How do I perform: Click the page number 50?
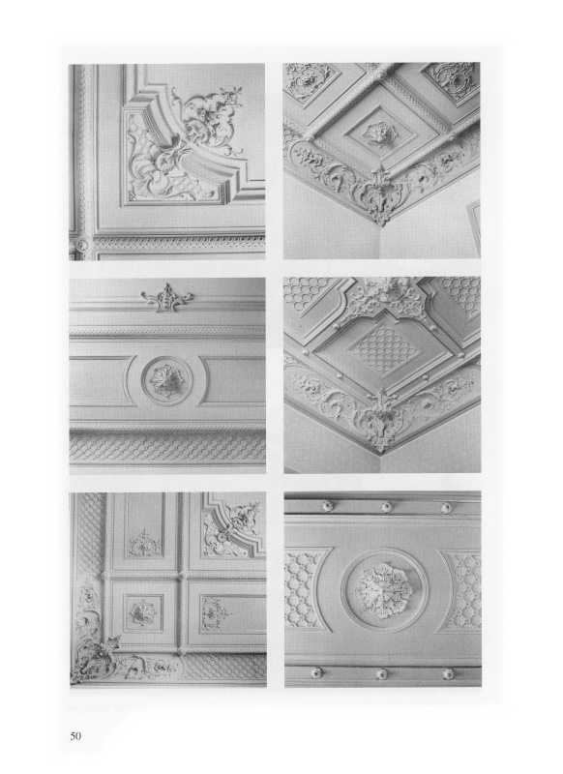75,736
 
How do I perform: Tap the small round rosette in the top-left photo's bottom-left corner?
82,245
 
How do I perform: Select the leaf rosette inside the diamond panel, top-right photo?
378,134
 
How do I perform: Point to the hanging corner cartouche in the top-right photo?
379,196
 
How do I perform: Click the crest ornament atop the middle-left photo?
166,298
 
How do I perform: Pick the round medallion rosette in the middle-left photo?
166,380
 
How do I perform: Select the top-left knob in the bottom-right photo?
327,506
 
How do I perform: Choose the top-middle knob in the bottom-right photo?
386,507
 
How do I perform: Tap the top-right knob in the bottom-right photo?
446,508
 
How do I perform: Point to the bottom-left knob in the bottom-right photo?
315,672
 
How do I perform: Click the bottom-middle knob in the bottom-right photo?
381,673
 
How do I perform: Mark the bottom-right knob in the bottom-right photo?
448,673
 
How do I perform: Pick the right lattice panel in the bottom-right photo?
462,592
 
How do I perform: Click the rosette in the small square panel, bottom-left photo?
142,613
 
